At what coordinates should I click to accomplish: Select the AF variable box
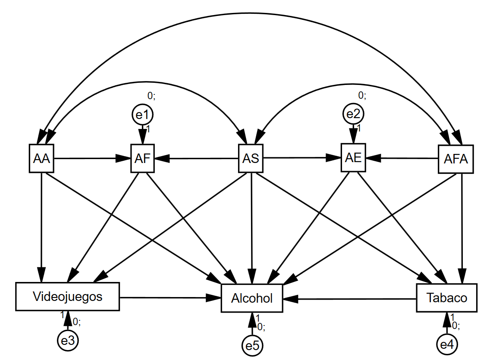click(x=142, y=159)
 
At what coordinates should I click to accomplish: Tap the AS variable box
click(x=251, y=158)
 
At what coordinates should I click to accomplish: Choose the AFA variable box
click(x=455, y=159)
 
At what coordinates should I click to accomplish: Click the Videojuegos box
click(x=67, y=297)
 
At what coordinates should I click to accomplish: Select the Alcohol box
click(x=252, y=298)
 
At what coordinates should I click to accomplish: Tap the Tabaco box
click(x=447, y=297)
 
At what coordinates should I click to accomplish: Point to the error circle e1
click(x=143, y=115)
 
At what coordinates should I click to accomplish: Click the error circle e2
click(x=354, y=114)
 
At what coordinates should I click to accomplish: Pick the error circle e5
click(x=252, y=345)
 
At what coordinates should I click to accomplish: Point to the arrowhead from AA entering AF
click(x=124, y=159)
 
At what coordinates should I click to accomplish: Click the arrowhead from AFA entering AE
click(x=372, y=158)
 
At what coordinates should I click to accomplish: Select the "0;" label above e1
click(x=151, y=96)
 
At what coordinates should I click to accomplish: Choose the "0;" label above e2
click(x=362, y=95)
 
